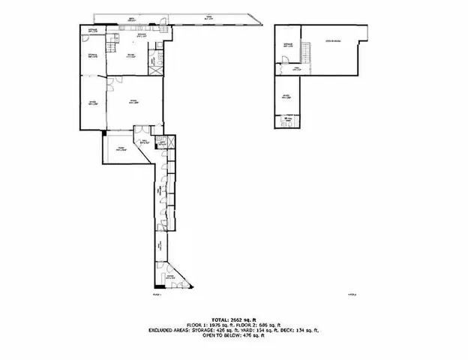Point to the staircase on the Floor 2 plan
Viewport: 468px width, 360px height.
coord(306,52)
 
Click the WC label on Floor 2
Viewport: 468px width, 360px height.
coord(289,119)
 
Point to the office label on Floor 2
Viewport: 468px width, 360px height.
coord(287,96)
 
